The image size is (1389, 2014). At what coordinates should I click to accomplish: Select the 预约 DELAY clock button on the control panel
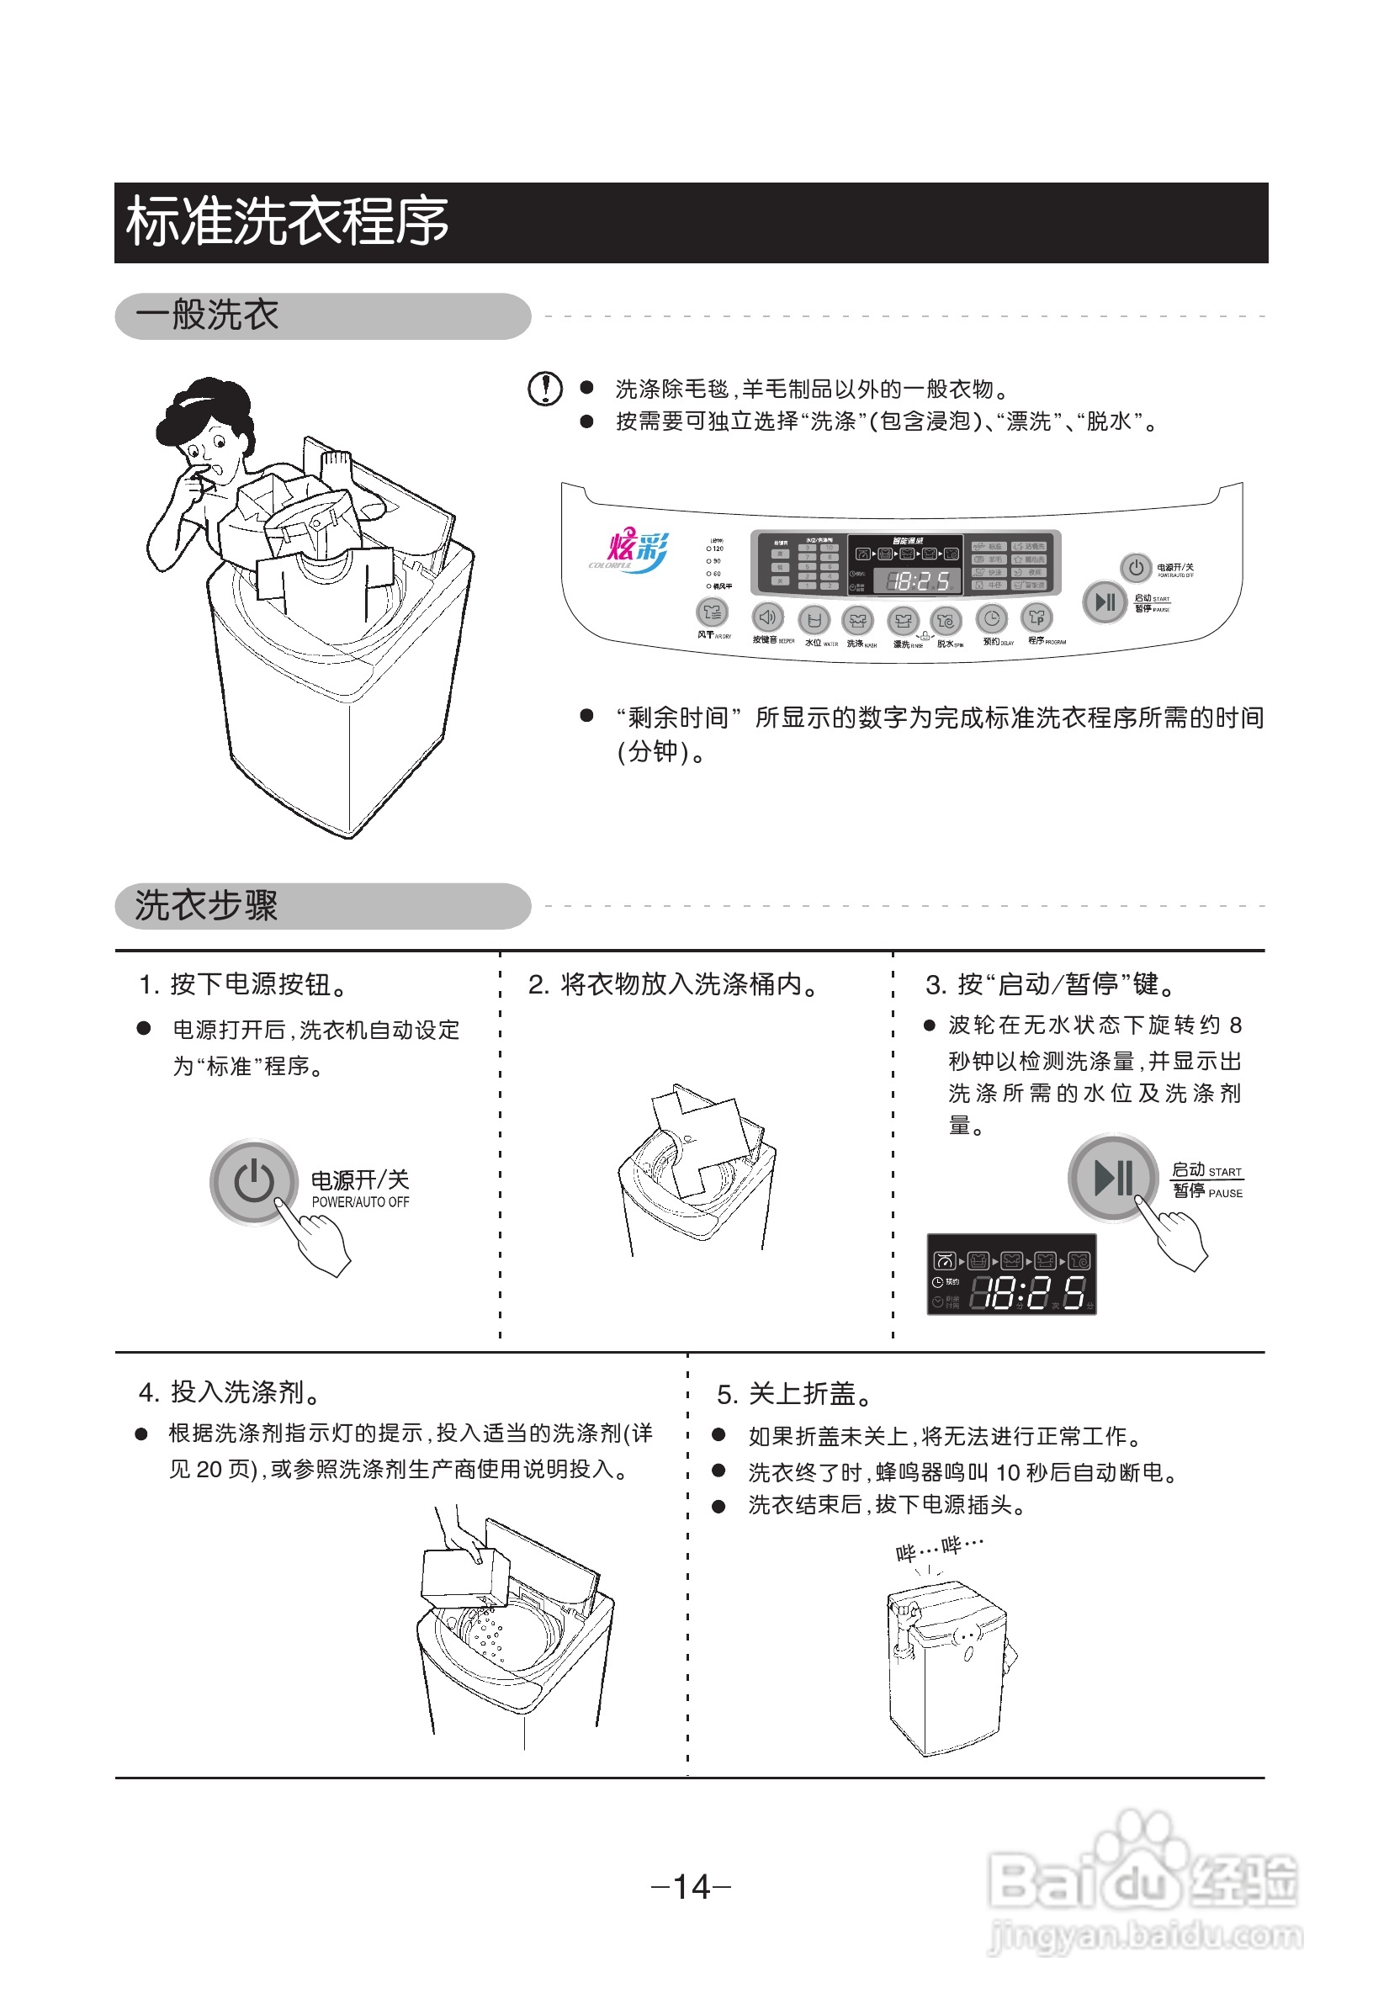(991, 619)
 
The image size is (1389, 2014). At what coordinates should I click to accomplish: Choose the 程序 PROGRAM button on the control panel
(1037, 618)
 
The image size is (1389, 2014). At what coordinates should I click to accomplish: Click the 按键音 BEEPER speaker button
(766, 617)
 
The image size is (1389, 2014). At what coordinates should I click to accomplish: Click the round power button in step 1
(253, 1181)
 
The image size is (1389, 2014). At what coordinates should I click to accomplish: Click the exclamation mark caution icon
(545, 388)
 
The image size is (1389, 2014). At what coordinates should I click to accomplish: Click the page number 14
(692, 1886)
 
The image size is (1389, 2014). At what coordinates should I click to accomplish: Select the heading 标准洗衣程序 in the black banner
(287, 222)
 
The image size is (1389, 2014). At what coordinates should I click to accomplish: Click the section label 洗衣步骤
(206, 906)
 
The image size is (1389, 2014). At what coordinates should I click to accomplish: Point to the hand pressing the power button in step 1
(319, 1237)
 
